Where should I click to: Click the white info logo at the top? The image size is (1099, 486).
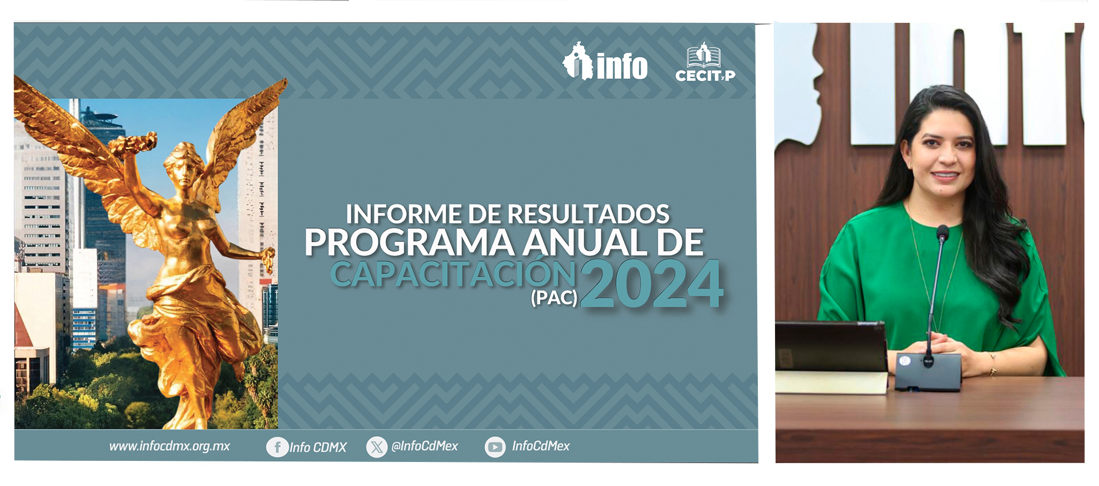tap(605, 61)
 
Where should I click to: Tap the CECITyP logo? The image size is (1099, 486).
tap(705, 62)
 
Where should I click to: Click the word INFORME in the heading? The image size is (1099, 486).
tap(404, 214)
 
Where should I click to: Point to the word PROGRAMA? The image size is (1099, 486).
tap(410, 242)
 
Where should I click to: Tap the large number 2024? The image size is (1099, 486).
tap(652, 284)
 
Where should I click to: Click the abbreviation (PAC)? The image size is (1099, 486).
tap(554, 298)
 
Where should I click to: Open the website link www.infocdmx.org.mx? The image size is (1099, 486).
tap(169, 446)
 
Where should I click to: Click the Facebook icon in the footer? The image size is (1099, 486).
tap(277, 447)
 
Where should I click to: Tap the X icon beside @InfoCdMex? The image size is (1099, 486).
tap(377, 447)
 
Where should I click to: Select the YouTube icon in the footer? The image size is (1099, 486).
tap(495, 447)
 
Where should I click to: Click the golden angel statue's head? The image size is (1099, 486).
tap(184, 162)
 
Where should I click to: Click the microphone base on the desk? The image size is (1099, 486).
tap(928, 372)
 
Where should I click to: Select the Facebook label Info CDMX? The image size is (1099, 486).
tap(318, 447)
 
